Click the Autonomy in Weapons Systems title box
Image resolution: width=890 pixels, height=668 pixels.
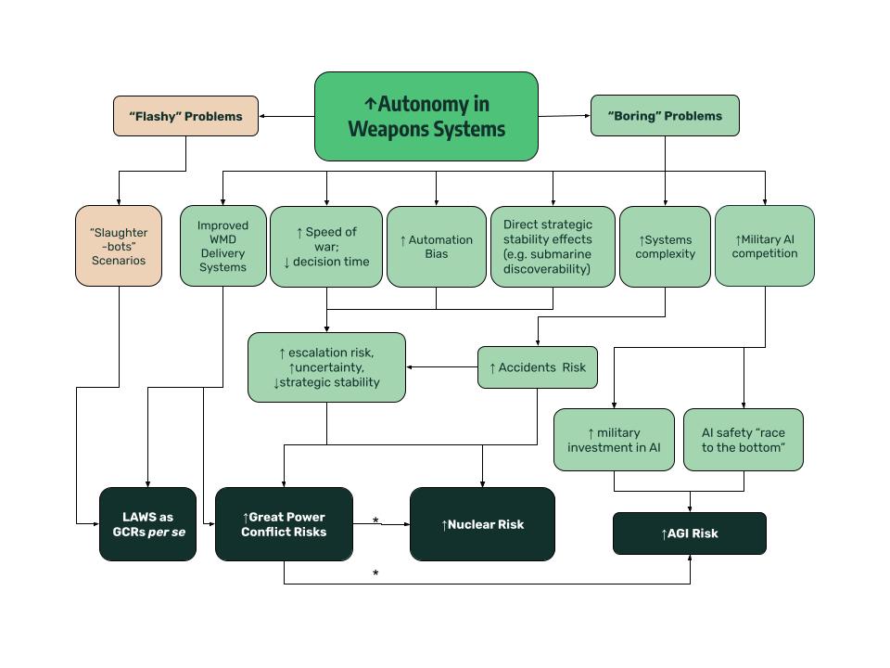click(426, 116)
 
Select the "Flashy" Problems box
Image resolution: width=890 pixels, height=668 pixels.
click(185, 116)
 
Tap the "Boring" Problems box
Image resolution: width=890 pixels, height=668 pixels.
click(665, 116)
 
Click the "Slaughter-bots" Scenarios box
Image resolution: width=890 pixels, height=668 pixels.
click(119, 246)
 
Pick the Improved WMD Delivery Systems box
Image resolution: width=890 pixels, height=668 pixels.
click(222, 246)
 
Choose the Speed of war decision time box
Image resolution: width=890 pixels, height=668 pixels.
click(325, 246)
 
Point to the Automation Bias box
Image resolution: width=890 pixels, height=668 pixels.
click(436, 246)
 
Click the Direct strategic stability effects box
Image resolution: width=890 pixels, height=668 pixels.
click(553, 246)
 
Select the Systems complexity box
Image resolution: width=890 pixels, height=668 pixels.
click(665, 246)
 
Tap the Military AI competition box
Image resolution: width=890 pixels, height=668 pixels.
click(765, 246)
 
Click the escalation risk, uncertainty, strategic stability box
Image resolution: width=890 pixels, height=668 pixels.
click(326, 367)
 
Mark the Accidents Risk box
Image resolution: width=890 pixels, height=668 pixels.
click(538, 367)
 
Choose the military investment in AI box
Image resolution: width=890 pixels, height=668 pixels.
click(614, 440)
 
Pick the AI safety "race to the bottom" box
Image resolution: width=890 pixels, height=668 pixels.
click(744, 440)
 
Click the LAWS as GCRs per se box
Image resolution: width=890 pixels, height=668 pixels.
click(148, 524)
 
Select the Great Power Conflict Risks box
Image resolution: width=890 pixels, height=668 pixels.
click(284, 524)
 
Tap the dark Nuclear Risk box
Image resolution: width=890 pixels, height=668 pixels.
click(482, 524)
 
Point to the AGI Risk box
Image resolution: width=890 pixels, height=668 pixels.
click(690, 533)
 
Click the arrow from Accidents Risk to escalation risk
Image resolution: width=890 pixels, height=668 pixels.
click(442, 367)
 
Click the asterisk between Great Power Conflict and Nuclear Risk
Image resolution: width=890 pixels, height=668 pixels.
click(375, 521)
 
